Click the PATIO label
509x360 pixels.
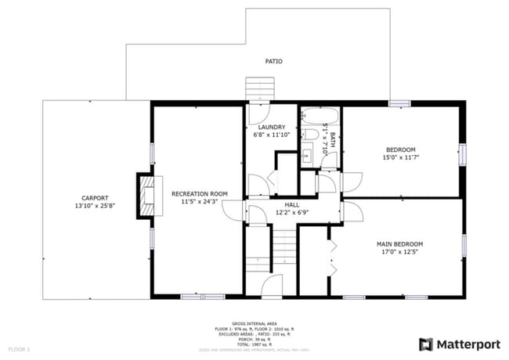[273, 61]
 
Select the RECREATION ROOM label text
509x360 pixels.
[200, 193]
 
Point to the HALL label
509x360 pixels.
[291, 203]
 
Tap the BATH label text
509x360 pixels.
[332, 141]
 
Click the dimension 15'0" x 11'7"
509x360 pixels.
[400, 157]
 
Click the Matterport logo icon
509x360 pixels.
[426, 344]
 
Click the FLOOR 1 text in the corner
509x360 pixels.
[19, 347]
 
